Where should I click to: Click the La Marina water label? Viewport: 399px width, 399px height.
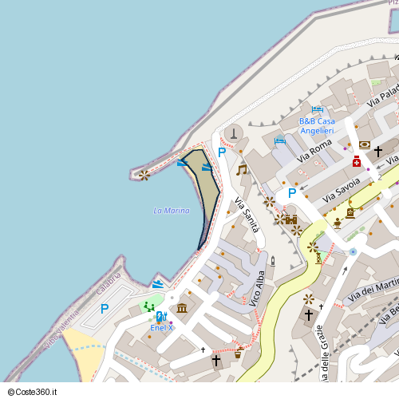(x=172, y=211)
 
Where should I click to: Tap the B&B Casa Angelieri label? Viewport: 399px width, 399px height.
(x=317, y=125)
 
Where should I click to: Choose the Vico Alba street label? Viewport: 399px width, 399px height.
(x=257, y=288)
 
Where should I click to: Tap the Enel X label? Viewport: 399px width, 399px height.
(x=161, y=327)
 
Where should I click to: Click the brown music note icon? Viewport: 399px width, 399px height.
(x=242, y=169)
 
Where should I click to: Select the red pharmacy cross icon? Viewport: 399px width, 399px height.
(x=356, y=162)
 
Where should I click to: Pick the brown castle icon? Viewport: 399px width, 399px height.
(x=290, y=219)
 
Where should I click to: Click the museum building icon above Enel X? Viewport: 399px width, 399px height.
(x=182, y=308)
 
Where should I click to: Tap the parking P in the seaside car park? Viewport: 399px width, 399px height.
(x=104, y=309)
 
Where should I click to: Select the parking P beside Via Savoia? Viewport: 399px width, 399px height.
(x=292, y=193)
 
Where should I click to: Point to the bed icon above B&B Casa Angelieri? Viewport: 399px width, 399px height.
(x=318, y=109)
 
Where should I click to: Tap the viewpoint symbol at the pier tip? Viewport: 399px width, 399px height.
(x=144, y=175)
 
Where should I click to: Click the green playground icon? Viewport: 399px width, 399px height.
(x=149, y=306)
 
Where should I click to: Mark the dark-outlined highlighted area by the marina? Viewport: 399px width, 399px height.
(x=205, y=192)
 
